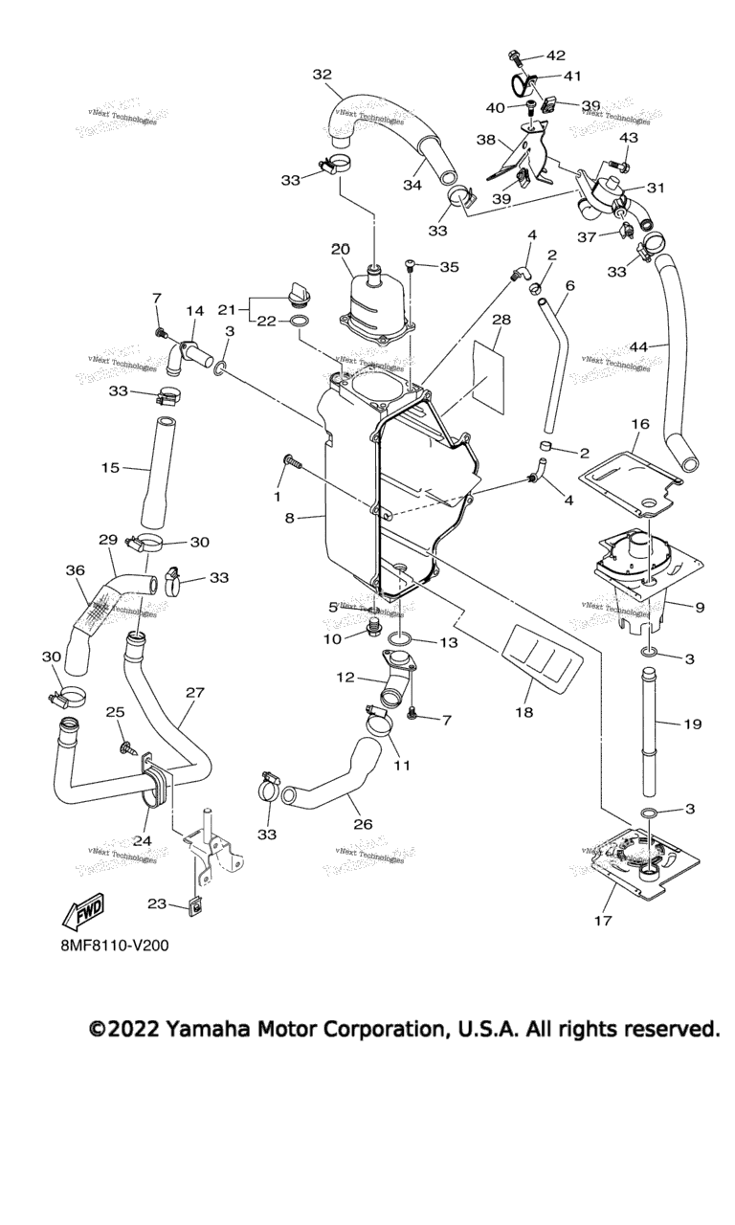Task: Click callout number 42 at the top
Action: [x=556, y=56]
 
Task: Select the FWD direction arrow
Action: [x=82, y=912]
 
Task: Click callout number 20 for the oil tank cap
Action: [x=341, y=250]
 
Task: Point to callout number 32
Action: [x=323, y=75]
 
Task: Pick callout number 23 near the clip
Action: [x=159, y=903]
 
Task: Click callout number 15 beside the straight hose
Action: [x=110, y=468]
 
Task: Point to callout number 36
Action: [x=76, y=570]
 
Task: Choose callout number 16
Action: [x=640, y=423]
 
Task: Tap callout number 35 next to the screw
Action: [x=450, y=268]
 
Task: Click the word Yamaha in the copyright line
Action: [x=207, y=1030]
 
